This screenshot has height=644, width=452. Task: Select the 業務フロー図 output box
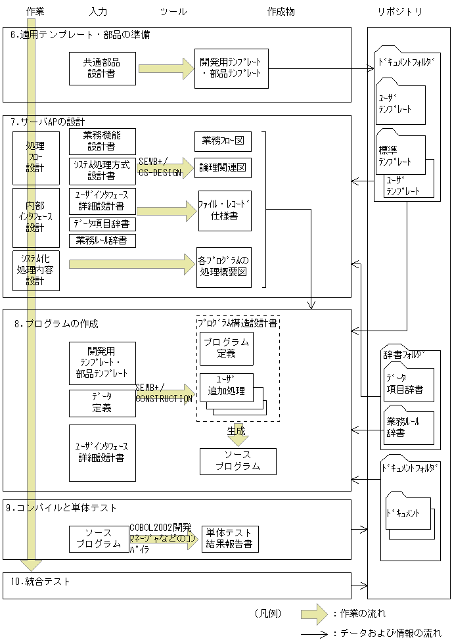pyautogui.click(x=223, y=141)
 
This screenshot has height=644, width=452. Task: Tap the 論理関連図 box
pyautogui.click(x=223, y=168)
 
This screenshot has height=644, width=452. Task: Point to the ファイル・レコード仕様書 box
pyautogui.click(x=225, y=210)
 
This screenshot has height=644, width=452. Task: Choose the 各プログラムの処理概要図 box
pyautogui.click(x=224, y=267)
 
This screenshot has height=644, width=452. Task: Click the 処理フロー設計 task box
pyautogui.click(x=35, y=158)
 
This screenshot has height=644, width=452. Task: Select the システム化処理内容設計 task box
pyautogui.click(x=35, y=270)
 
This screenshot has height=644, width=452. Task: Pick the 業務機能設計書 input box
pyautogui.click(x=102, y=141)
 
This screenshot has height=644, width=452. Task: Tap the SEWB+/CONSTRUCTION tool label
pyautogui.click(x=164, y=394)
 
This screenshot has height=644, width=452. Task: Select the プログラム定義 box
pyautogui.click(x=226, y=348)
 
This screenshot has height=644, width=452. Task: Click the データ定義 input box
pyautogui.click(x=102, y=403)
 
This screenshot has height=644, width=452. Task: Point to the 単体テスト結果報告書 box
pyautogui.click(x=230, y=539)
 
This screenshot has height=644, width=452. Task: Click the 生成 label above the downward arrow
pyautogui.click(x=237, y=430)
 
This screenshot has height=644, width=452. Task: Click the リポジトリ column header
pyautogui.click(x=399, y=12)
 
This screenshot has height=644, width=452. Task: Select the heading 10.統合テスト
pyautogui.click(x=41, y=582)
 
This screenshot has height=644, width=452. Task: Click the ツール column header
pyautogui.click(x=173, y=12)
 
